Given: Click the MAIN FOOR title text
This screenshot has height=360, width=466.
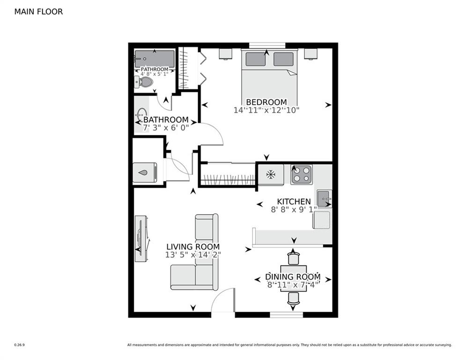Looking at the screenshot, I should pyautogui.click(x=38, y=12).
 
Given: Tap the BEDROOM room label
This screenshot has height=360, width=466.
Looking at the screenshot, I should pyautogui.click(x=266, y=102).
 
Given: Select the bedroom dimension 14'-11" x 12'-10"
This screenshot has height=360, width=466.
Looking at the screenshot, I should pyautogui.click(x=266, y=111).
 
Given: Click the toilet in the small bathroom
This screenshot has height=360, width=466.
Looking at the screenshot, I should pyautogui.click(x=145, y=83).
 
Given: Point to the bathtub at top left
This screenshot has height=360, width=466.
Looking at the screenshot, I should pyautogui.click(x=155, y=59).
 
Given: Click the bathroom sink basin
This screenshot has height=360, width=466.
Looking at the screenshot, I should pyautogui.click(x=141, y=114).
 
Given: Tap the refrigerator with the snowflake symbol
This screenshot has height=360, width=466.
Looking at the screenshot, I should pyautogui.click(x=270, y=174).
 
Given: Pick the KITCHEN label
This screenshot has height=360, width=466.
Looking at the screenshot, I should pyautogui.click(x=294, y=202).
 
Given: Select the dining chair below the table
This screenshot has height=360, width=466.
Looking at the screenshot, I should pyautogui.click(x=293, y=298).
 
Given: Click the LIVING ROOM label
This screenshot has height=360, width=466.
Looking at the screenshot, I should pyautogui.click(x=193, y=247).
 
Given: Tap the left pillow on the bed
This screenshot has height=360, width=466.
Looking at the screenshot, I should pyautogui.click(x=255, y=59).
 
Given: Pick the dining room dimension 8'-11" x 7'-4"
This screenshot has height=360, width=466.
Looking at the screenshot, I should pyautogui.click(x=293, y=284).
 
